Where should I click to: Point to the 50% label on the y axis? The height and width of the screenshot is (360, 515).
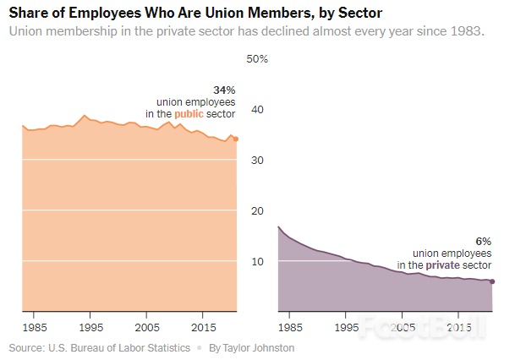click(257, 59)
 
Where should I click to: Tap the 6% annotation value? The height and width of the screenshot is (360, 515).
click(485, 241)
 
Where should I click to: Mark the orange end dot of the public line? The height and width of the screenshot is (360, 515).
click(236, 139)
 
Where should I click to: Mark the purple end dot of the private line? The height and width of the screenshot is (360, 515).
click(492, 281)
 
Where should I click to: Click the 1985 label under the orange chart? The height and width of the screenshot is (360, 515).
click(35, 326)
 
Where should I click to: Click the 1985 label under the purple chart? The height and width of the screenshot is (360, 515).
click(291, 326)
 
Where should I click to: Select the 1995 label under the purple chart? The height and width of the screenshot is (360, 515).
click(347, 326)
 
